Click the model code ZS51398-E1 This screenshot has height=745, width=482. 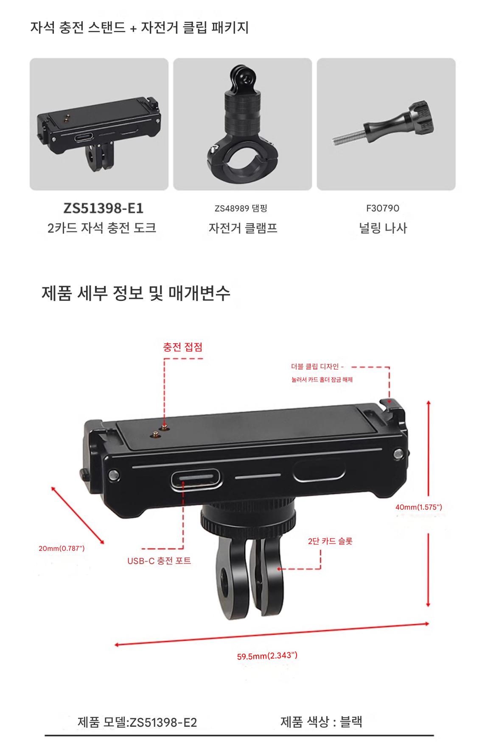(103, 208)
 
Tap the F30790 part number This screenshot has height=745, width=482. (383, 208)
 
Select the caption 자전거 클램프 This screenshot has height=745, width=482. (243, 228)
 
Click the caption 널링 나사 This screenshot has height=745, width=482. (383, 228)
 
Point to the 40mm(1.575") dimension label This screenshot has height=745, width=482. (419, 507)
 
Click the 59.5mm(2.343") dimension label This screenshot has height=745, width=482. (267, 656)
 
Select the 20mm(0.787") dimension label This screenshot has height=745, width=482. (62, 548)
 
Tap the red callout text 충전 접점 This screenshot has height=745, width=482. (183, 347)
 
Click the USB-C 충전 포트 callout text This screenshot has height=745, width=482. (159, 561)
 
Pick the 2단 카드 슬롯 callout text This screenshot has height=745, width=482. (330, 541)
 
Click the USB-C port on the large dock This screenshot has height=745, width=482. (196, 479)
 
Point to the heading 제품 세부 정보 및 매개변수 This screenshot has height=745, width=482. (136, 293)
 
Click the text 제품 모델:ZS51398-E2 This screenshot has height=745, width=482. (137, 722)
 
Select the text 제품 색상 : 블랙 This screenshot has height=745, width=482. (321, 721)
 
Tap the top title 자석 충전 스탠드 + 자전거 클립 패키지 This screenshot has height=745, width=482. (140, 28)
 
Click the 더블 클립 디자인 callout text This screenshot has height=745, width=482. (317, 367)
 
